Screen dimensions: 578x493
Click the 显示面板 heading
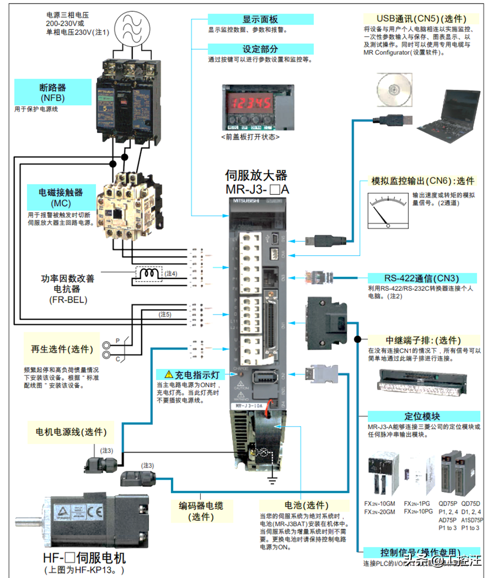coord(260,20)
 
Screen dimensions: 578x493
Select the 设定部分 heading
coord(260,49)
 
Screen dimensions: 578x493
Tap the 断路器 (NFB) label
coord(52,92)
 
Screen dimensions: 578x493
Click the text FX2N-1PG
coord(418,504)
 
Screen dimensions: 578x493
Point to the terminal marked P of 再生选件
coord(106,346)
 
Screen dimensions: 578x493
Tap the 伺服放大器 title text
coord(256,175)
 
